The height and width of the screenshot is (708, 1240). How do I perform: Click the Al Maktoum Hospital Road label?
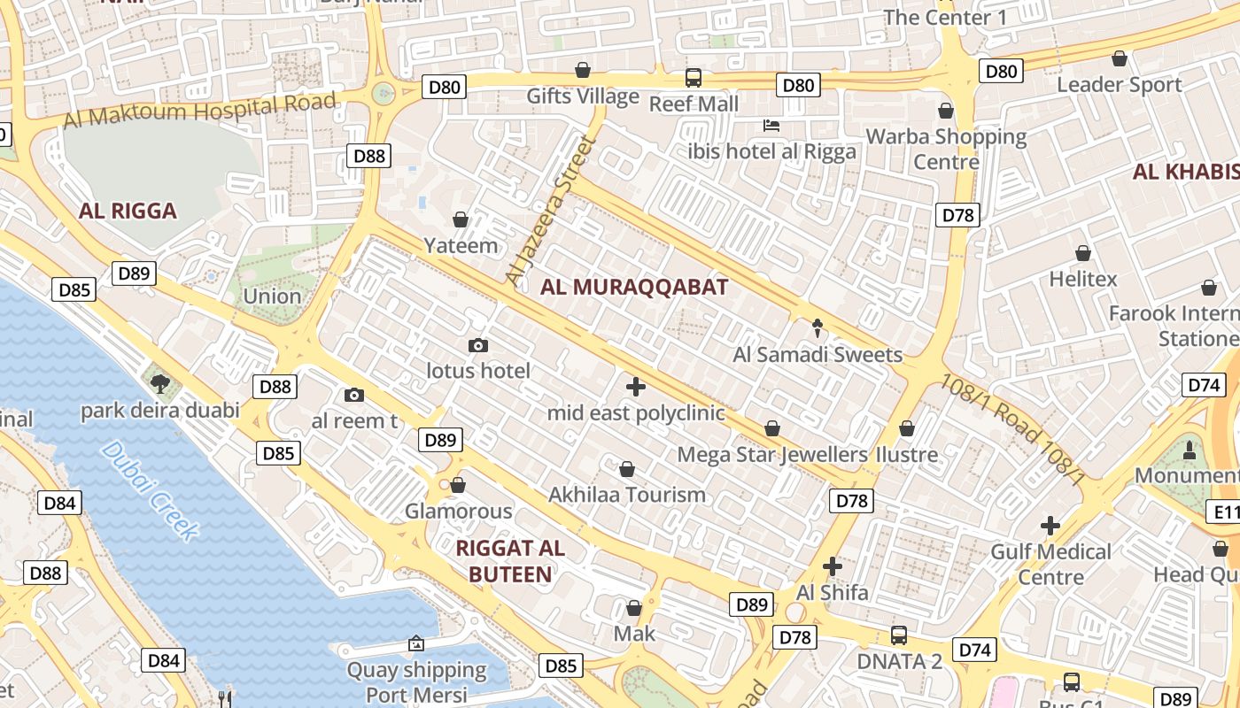click(200, 110)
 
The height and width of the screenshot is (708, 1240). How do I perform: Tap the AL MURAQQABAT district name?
click(634, 287)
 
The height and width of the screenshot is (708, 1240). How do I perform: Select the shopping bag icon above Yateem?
click(461, 219)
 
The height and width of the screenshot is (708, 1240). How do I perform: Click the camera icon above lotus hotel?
click(478, 345)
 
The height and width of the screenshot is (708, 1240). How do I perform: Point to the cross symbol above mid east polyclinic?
click(635, 387)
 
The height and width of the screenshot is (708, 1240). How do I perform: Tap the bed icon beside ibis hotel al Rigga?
click(771, 126)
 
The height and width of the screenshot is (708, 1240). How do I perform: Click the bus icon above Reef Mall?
click(694, 78)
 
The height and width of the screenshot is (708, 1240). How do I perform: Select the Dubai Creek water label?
click(150, 489)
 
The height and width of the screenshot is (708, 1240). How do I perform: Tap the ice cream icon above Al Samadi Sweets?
click(818, 328)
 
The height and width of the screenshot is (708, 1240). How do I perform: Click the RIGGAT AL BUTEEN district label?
click(510, 561)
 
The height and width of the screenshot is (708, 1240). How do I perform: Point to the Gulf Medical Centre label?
click(1050, 564)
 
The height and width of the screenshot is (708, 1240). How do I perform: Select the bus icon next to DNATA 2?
click(898, 635)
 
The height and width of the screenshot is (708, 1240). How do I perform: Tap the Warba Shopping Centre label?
click(946, 149)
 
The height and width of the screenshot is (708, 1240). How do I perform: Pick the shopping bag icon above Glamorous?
click(458, 485)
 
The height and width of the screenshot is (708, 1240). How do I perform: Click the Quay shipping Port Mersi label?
click(416, 681)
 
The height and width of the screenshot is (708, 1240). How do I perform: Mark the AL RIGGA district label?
click(128, 211)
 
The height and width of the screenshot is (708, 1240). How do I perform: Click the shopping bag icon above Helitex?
click(1082, 253)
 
